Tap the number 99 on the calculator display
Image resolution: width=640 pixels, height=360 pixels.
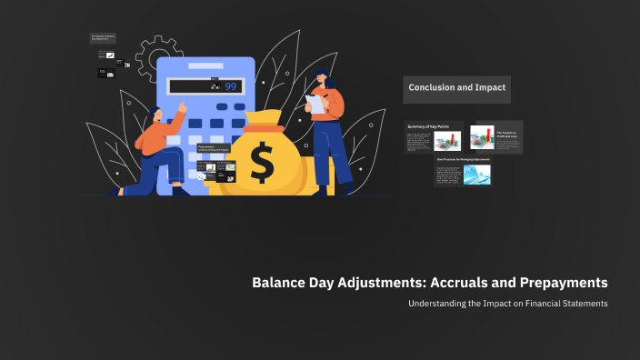230,86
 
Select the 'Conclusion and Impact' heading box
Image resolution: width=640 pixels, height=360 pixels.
456,88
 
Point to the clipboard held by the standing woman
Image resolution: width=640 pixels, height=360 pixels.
316,102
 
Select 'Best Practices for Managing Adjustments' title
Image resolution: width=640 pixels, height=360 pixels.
463,159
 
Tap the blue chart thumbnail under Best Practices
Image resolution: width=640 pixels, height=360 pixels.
476,175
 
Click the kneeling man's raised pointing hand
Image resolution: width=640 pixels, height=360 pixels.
184,105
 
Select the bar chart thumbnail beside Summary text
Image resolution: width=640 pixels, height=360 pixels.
446,141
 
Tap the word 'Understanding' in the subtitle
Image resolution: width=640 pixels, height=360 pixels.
441,303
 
